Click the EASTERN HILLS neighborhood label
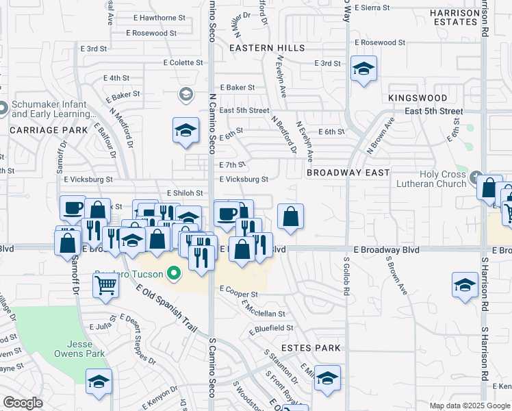pos(267,48)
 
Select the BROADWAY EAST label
pos(348,173)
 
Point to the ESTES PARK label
pos(311,348)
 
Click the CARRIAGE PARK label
pos(49,129)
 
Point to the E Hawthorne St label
pos(155,18)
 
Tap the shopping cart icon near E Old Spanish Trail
pos(105,284)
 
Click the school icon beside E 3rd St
pos(364,68)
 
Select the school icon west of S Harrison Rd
pos(465,286)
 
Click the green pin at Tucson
pos(174,275)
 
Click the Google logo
pos(23,403)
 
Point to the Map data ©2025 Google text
pos(470,406)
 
